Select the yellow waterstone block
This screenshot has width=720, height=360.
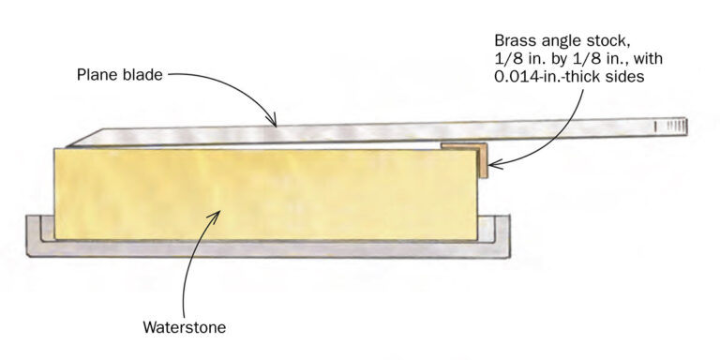[262, 192]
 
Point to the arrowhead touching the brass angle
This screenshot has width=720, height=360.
[491, 166]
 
